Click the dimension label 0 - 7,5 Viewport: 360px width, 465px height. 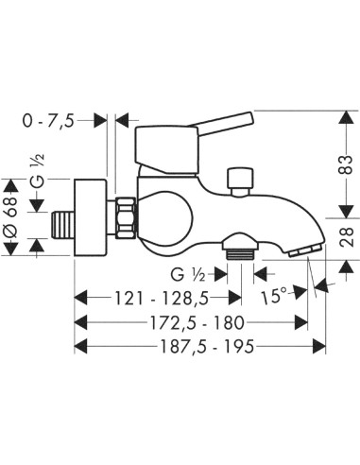[48, 121]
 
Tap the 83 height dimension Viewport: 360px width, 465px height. [347, 164]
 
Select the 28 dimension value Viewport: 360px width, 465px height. [347, 237]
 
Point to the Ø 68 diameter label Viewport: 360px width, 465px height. [11, 217]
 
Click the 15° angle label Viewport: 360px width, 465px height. [274, 296]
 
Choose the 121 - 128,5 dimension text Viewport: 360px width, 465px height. [162, 298]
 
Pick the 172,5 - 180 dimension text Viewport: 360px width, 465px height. [197, 322]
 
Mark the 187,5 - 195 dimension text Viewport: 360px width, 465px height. [207, 347]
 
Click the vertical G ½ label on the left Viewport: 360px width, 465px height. [38, 172]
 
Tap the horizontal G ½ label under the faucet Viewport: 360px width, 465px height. [188, 274]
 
